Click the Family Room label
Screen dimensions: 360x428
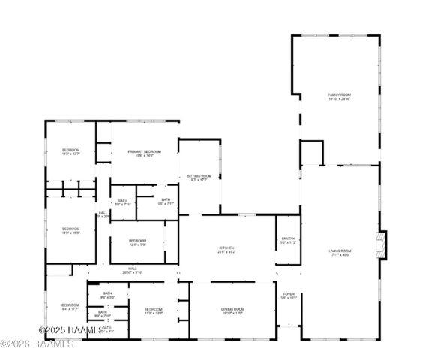point(340,94)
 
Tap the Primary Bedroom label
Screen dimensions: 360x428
point(145,151)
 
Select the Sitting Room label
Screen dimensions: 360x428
point(201,175)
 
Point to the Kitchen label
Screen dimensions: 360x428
point(226,247)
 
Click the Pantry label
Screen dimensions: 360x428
point(289,238)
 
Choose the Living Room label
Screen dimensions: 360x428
point(340,250)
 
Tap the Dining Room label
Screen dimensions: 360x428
point(232,309)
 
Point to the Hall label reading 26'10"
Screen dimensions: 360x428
point(133,268)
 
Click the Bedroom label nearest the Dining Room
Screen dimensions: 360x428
point(154,309)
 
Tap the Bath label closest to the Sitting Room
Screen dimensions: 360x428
point(165,199)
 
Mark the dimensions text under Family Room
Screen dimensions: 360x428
point(340,99)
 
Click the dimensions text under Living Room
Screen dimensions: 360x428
point(340,255)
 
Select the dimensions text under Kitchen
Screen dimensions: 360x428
point(226,252)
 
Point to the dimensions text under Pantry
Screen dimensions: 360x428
point(289,243)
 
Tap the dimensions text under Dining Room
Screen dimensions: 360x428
point(232,313)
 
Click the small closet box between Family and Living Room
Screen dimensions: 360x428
point(311,153)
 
